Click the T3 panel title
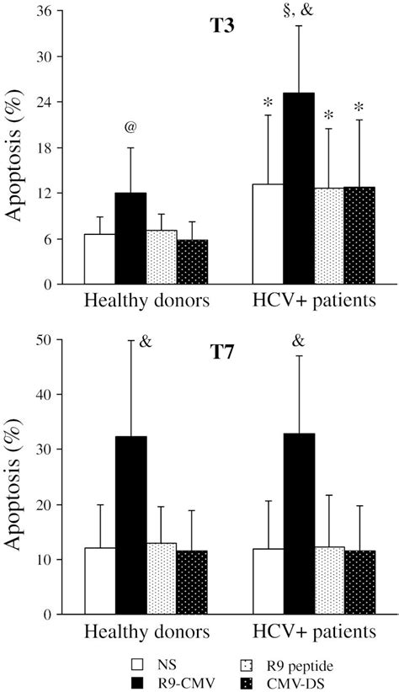tap(221, 25)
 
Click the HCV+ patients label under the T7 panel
tap(312, 631)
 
